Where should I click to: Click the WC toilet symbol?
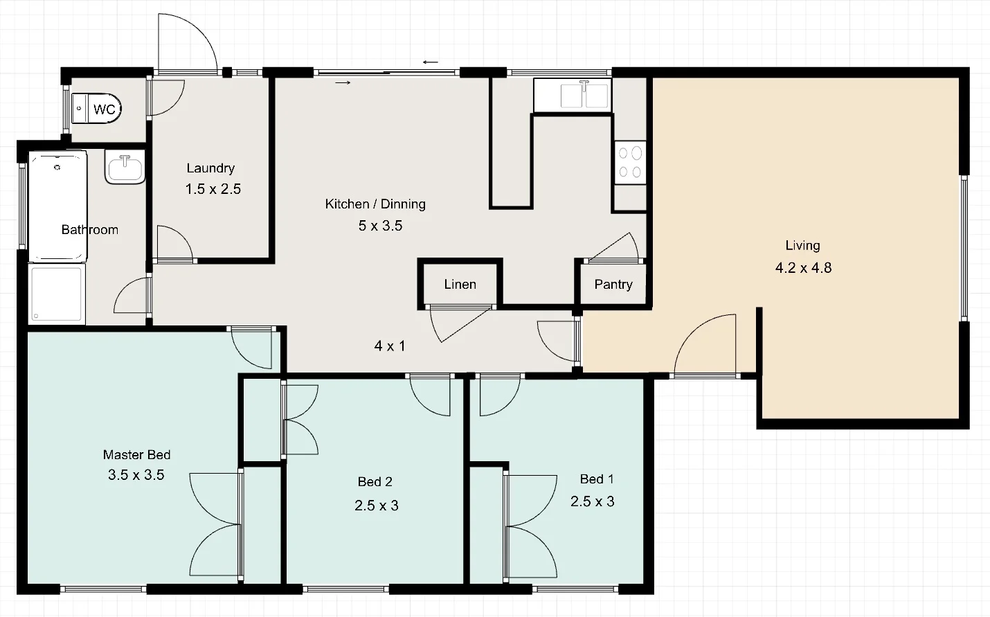[96, 109]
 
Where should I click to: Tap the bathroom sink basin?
[125, 168]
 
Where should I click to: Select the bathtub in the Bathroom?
[57, 206]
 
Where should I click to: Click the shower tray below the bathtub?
[56, 294]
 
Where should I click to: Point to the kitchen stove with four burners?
[630, 163]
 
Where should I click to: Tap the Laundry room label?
[210, 168]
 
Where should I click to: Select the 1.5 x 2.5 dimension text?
[213, 189]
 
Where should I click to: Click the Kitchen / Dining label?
[375, 204]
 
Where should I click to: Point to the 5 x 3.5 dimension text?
[380, 226]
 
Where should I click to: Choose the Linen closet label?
[460, 285]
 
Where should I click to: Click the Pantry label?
[613, 285]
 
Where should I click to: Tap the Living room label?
[802, 246]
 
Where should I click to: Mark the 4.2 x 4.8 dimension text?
[803, 268]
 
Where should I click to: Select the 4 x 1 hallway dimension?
[390, 346]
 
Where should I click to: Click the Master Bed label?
[136, 455]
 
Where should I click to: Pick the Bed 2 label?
[375, 482]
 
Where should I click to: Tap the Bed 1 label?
[596, 479]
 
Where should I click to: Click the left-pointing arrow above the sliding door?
[431, 62]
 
